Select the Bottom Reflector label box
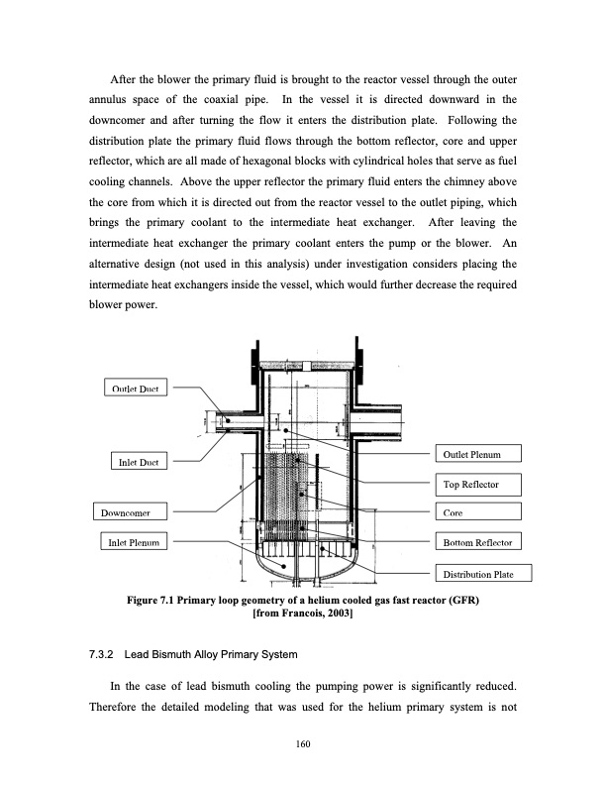tap(477, 542)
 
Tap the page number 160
tap(303, 745)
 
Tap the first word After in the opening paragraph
tap(124, 78)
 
